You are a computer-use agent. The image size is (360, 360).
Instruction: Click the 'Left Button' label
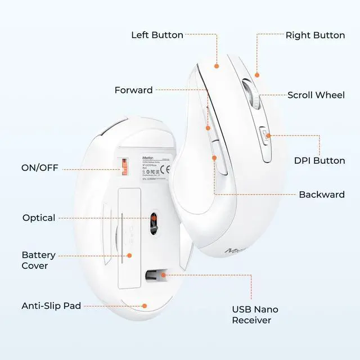coord(157,35)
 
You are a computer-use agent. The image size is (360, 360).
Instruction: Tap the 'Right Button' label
coord(315,35)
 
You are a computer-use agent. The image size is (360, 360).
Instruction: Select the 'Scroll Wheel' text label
coord(316,95)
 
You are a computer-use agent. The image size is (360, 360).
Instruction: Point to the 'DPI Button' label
coord(319,160)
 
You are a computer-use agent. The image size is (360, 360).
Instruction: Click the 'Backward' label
coord(321,195)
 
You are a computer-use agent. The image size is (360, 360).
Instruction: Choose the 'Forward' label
coord(133,90)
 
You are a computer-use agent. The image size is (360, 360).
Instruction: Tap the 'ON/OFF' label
coord(39,168)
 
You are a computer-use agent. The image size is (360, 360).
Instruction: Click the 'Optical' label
coord(39,218)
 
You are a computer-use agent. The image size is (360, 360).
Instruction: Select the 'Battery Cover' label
coord(35,260)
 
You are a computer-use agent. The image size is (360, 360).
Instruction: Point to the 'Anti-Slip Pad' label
coord(51,306)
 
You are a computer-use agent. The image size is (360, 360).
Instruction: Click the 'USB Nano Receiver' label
coord(255,314)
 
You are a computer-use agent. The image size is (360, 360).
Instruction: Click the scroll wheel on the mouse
coord(253,94)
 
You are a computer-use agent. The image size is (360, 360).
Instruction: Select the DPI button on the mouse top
coord(264,136)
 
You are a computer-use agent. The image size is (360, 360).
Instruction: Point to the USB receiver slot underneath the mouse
coord(154,274)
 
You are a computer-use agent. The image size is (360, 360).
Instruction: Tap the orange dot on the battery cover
coord(129,255)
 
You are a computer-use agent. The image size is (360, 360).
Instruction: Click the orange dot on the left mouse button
coord(216,66)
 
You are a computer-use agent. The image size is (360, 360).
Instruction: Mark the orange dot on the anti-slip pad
coord(145,306)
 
